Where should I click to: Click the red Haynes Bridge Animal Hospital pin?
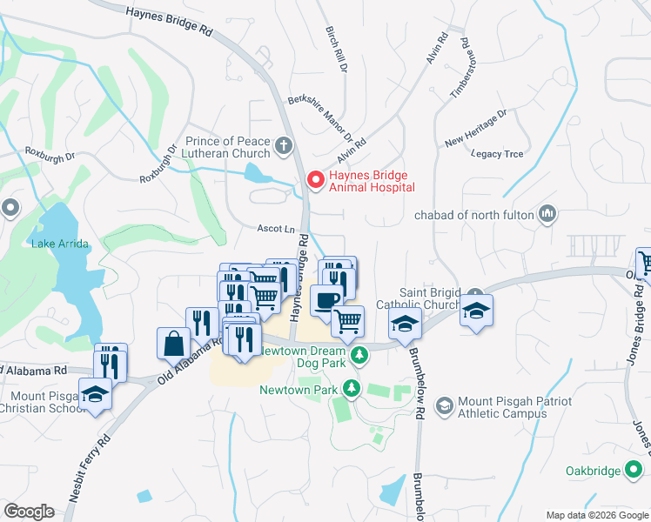(x=315, y=180)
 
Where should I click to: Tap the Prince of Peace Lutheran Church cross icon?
(x=283, y=146)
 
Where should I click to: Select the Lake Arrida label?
(x=60, y=244)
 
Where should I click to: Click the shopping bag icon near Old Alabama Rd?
(x=174, y=343)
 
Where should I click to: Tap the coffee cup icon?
(x=325, y=300)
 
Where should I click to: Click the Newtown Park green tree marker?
(x=351, y=389)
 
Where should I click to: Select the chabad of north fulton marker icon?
(x=547, y=214)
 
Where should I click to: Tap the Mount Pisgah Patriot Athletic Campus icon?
(x=444, y=406)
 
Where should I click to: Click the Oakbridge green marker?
(x=635, y=471)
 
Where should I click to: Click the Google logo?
(x=30, y=511)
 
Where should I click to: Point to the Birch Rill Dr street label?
(x=337, y=49)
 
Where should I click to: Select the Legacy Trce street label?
(x=497, y=154)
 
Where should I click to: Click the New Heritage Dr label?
(x=475, y=128)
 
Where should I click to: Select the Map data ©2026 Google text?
(x=596, y=514)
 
